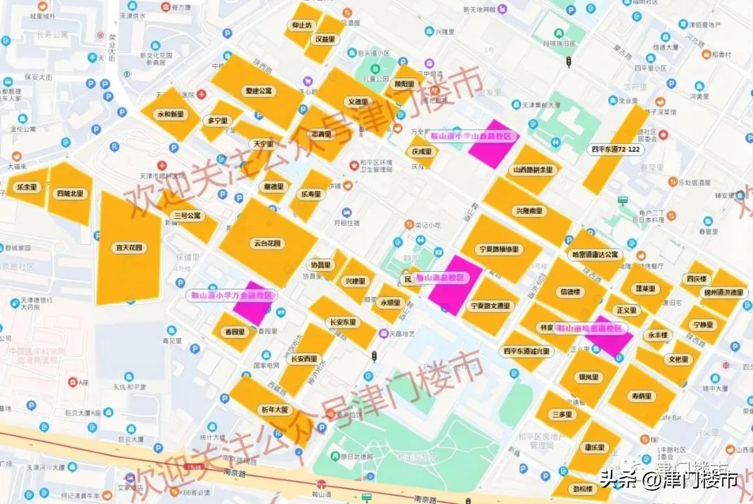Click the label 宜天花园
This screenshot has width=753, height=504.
pyautogui.click(x=129, y=247)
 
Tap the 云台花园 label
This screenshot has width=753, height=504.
pyautogui.click(x=266, y=243)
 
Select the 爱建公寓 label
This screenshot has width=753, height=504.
pyautogui.click(x=259, y=91)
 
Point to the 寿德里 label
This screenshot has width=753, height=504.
pyautogui.click(x=641, y=396)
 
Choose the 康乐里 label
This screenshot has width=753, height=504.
pyautogui.click(x=593, y=447)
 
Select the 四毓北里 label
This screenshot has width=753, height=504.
pyautogui.click(x=70, y=193)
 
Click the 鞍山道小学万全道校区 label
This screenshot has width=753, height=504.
pyautogui.click(x=232, y=296)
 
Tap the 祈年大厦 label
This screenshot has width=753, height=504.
pyautogui.click(x=274, y=409)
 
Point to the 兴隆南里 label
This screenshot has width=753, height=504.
pyautogui.click(x=529, y=211)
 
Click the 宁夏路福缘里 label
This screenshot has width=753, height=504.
pyautogui.click(x=499, y=249)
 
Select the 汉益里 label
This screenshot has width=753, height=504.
pyautogui.click(x=324, y=39)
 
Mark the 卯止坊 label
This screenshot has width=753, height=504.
pyautogui.click(x=302, y=26)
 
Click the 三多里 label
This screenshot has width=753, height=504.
pyautogui.click(x=562, y=414)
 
